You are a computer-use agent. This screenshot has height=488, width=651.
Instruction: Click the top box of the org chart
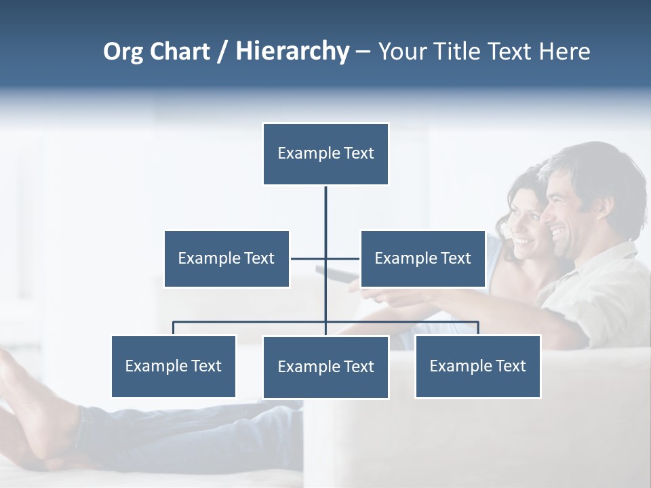point(325,154)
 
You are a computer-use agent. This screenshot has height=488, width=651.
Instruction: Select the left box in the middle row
point(226,258)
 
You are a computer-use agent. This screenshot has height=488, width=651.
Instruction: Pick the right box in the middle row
point(422,258)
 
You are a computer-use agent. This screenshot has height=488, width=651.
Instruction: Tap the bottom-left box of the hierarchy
point(174,366)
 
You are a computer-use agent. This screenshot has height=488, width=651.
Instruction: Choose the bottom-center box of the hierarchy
point(325,367)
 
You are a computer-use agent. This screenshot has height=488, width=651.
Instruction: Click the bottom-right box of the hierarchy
point(477,366)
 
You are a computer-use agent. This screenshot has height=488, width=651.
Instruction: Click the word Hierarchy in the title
point(292,52)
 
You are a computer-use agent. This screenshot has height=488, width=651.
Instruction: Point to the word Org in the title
point(123,52)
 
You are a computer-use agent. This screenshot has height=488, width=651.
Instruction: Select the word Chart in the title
point(180,52)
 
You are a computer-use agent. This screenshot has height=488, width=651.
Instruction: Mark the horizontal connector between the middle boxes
point(325,258)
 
